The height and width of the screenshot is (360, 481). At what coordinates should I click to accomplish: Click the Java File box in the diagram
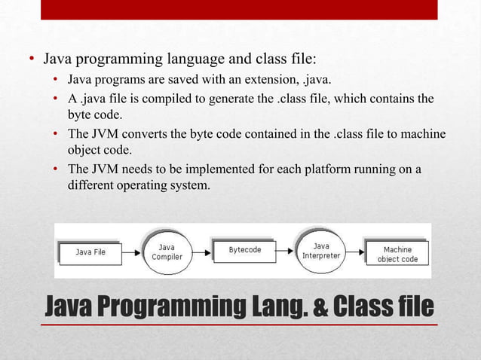90,252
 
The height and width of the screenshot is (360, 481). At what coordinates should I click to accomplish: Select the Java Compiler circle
167,252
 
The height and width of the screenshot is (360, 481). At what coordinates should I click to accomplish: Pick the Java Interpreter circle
321,251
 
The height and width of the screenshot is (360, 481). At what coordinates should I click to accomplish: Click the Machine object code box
397,253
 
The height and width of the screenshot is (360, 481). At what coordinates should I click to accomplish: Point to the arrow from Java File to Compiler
131,252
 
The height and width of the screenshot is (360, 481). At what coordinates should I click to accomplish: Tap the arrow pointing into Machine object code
357,252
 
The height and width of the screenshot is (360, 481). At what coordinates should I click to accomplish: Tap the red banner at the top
239,10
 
